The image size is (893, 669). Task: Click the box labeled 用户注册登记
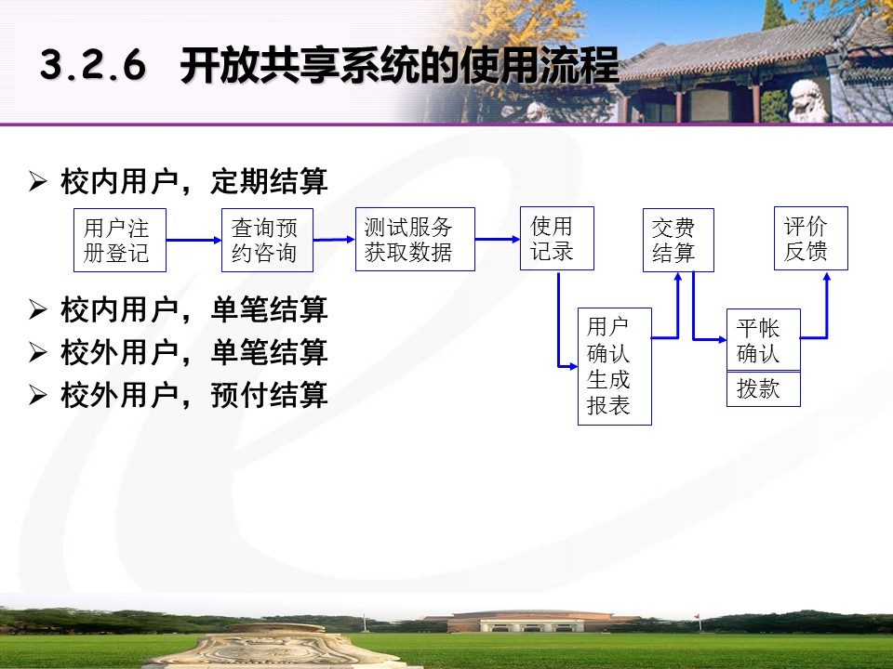pyautogui.click(x=120, y=240)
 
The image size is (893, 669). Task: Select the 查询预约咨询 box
pyautogui.click(x=267, y=240)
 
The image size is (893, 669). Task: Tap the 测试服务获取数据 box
pyautogui.click(x=415, y=239)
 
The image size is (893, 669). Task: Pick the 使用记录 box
pyautogui.click(x=557, y=239)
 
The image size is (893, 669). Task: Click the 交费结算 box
pyautogui.click(x=678, y=240)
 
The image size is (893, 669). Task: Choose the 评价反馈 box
pyautogui.click(x=811, y=239)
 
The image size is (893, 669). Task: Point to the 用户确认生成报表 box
pyautogui.click(x=615, y=366)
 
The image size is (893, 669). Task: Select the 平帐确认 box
pyautogui.click(x=764, y=340)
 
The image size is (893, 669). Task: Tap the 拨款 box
pyautogui.click(x=764, y=389)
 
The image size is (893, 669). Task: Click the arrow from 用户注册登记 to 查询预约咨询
pyautogui.click(x=193, y=240)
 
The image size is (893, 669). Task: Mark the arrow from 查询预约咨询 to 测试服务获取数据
pyautogui.click(x=334, y=240)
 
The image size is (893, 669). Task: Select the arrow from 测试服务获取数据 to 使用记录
pyautogui.click(x=497, y=239)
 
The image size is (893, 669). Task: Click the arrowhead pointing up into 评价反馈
pyautogui.click(x=827, y=277)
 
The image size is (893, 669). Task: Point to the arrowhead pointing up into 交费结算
pyautogui.click(x=678, y=277)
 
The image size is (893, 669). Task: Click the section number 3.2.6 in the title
pyautogui.click(x=93, y=65)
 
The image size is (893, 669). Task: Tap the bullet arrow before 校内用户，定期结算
pyautogui.click(x=37, y=181)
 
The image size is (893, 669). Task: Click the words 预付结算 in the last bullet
pyautogui.click(x=269, y=395)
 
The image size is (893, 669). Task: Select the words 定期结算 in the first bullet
pyautogui.click(x=269, y=181)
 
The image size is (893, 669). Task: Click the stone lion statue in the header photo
pyautogui.click(x=808, y=101)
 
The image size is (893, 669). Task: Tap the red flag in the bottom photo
pyautogui.click(x=697, y=617)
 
